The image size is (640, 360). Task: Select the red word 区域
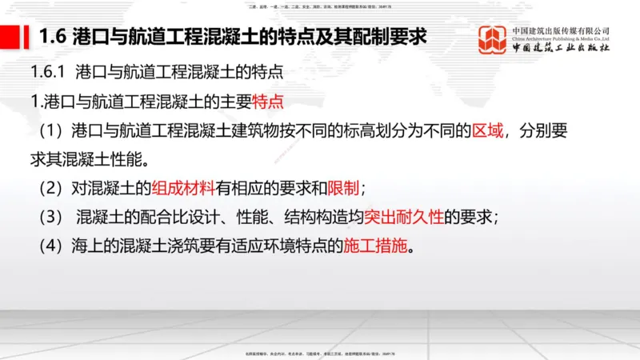point(488,130)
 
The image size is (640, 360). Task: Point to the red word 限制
point(346,189)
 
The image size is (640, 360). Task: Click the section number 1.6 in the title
point(52,37)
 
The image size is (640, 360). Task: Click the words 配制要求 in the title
point(394,37)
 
